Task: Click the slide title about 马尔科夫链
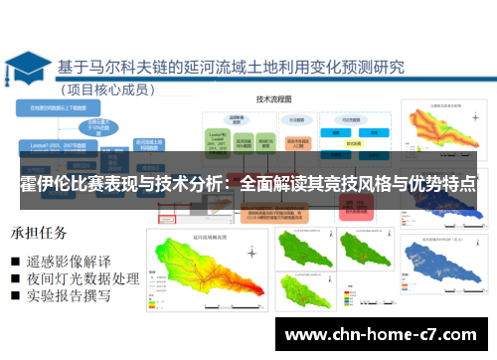click(230, 68)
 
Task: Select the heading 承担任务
click(39, 235)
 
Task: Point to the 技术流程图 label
click(277, 99)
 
